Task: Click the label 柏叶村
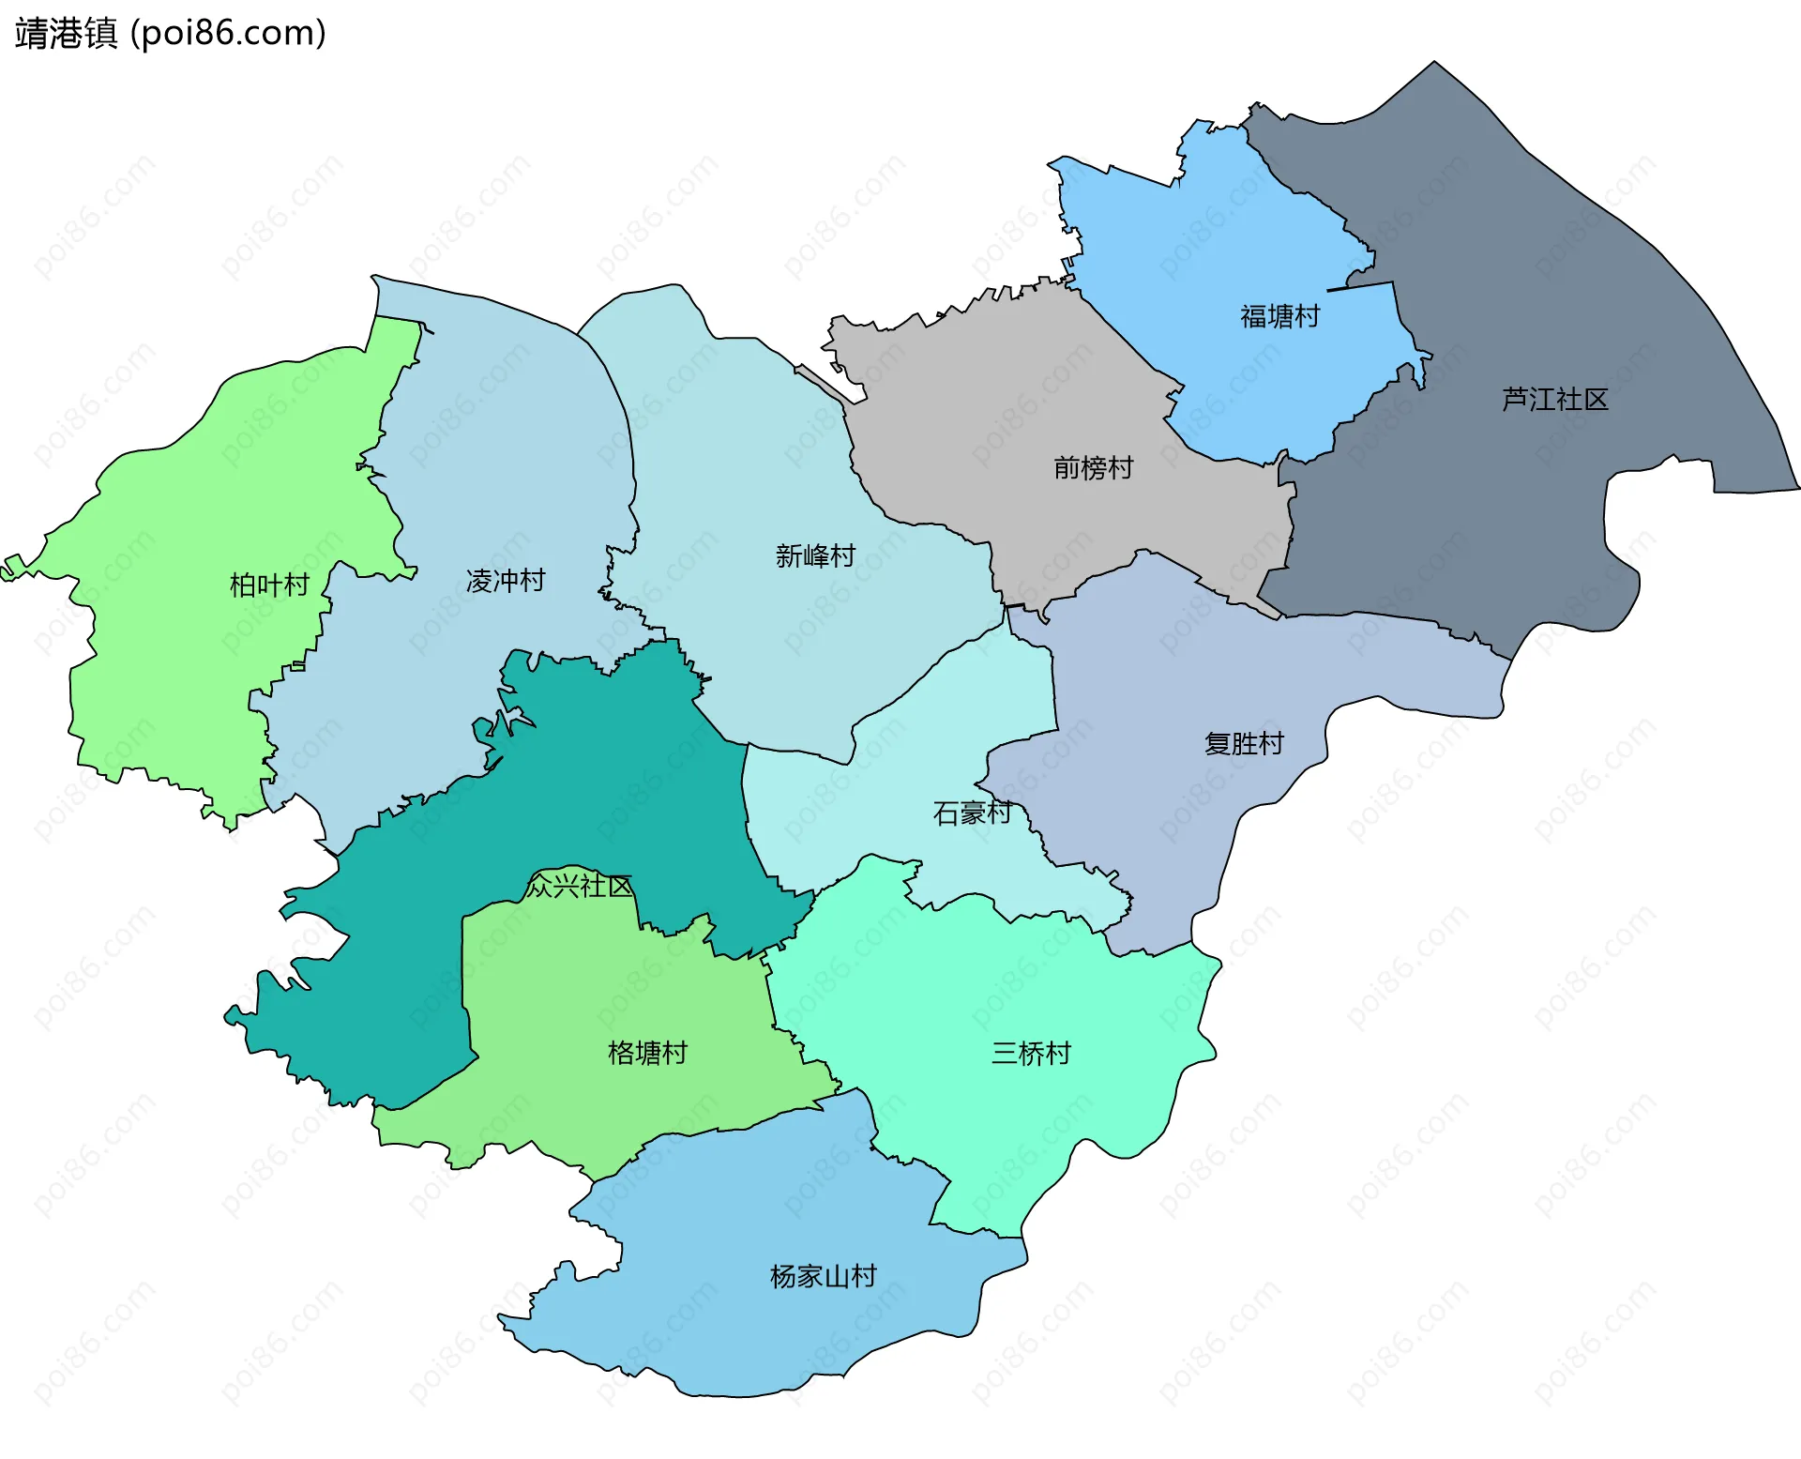pyautogui.click(x=269, y=585)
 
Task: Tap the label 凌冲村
pyautogui.click(x=506, y=581)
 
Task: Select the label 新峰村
pyautogui.click(x=815, y=556)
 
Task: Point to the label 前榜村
pyautogui.click(x=1093, y=467)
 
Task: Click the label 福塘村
pyautogui.click(x=1279, y=316)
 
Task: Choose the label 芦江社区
pyautogui.click(x=1554, y=400)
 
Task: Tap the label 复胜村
pyautogui.click(x=1244, y=744)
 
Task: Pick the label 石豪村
pyautogui.click(x=972, y=813)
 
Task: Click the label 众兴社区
pyautogui.click(x=579, y=886)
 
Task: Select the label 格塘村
pyautogui.click(x=647, y=1053)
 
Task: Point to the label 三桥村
pyautogui.click(x=1031, y=1054)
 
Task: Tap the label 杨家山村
pyautogui.click(x=823, y=1276)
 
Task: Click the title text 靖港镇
pyautogui.click(x=66, y=34)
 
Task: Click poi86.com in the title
pyautogui.click(x=228, y=34)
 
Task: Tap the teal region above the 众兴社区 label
pyautogui.click(x=600, y=769)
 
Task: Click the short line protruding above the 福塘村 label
pyautogui.click(x=1359, y=286)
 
